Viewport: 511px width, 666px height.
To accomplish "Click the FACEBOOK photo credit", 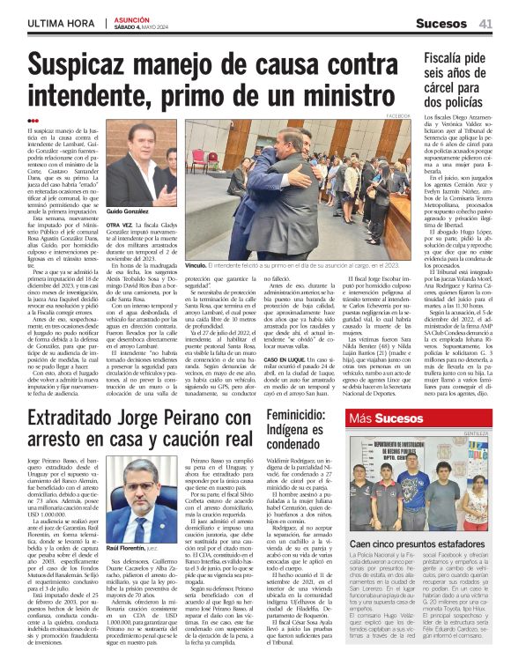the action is (397, 115).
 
